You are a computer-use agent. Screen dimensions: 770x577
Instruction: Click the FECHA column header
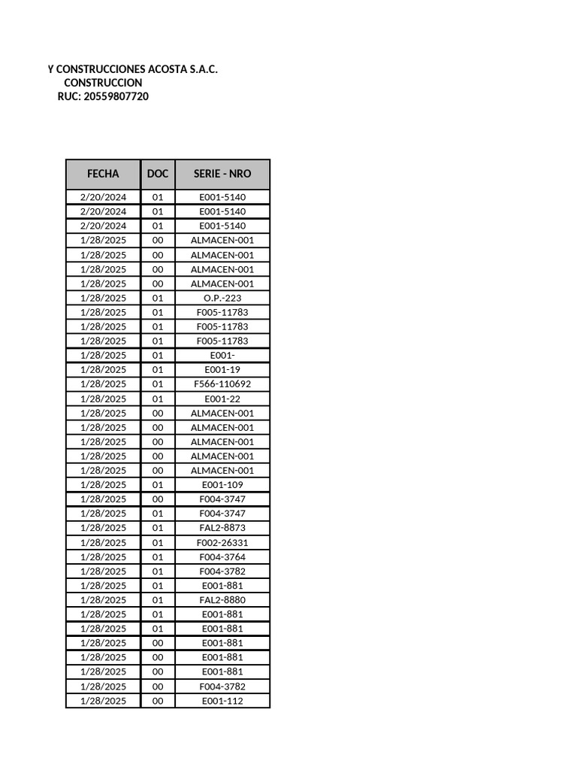(x=103, y=174)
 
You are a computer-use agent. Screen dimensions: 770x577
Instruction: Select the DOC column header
(x=158, y=174)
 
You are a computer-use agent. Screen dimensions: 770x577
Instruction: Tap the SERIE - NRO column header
(x=222, y=174)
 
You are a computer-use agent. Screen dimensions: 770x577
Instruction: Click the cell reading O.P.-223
(x=222, y=298)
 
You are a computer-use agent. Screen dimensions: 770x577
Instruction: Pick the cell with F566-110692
(x=222, y=384)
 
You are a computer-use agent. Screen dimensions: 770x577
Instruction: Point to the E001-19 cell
(x=222, y=370)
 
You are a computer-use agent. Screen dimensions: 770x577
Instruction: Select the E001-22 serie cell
(x=222, y=399)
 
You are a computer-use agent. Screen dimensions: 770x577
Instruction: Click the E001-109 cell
(x=222, y=485)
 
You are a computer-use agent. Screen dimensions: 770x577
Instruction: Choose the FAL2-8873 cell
(x=222, y=528)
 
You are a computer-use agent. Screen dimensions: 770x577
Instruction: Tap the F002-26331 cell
(x=222, y=542)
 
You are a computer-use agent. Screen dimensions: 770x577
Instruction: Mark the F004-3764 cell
(x=222, y=557)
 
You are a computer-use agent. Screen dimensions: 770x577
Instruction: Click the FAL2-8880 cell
(x=222, y=600)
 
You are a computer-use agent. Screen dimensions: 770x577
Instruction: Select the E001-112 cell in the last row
(x=222, y=701)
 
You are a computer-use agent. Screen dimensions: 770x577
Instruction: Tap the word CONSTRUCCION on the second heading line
(x=103, y=82)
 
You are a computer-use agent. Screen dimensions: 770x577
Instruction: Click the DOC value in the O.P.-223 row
(x=158, y=298)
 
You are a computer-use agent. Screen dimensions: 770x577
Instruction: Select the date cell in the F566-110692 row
(x=103, y=384)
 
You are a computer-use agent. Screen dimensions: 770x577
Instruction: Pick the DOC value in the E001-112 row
(x=158, y=701)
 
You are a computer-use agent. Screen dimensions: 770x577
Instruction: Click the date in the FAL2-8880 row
(x=103, y=600)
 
